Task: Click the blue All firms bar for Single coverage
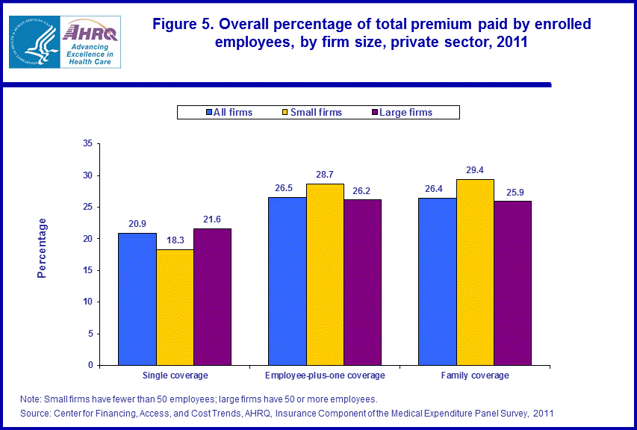click(x=137, y=299)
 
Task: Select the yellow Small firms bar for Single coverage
click(x=175, y=307)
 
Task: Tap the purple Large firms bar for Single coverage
click(x=212, y=296)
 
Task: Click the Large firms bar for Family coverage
click(x=513, y=283)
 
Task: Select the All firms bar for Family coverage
click(x=438, y=281)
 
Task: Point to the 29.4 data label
click(x=476, y=171)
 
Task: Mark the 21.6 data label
click(x=212, y=220)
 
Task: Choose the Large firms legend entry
click(x=401, y=113)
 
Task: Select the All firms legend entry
click(x=229, y=113)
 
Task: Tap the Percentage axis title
click(x=42, y=248)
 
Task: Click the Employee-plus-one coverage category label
click(x=325, y=376)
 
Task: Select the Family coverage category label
click(x=475, y=376)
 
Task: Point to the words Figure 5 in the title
click(x=181, y=25)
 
